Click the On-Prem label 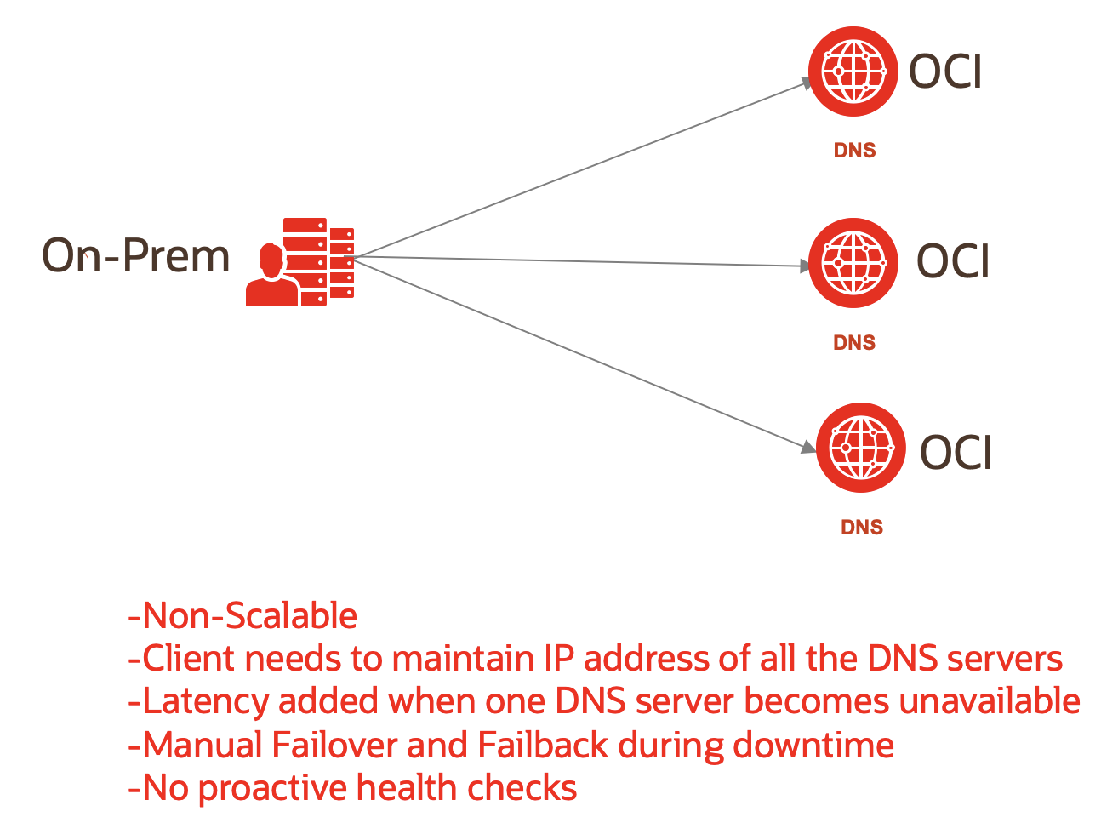(x=136, y=255)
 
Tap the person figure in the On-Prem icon (x=271, y=277)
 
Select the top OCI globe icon (x=853, y=71)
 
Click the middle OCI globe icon (x=853, y=263)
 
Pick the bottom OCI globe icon (x=860, y=448)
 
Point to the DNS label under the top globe (x=854, y=151)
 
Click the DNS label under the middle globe (x=854, y=343)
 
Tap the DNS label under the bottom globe (x=862, y=528)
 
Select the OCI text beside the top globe (x=945, y=71)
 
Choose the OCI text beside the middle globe (x=953, y=261)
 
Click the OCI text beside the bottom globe (x=956, y=452)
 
